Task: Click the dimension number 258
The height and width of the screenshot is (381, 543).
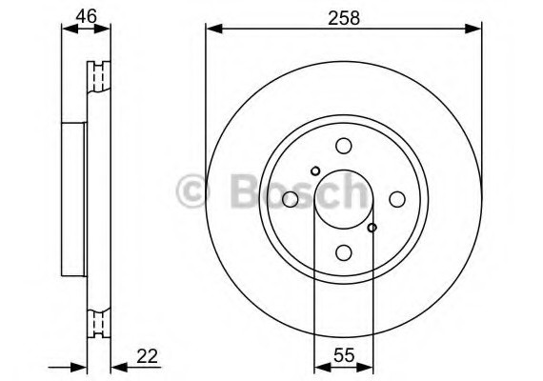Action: click(344, 18)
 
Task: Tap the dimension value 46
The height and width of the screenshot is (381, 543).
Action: click(87, 16)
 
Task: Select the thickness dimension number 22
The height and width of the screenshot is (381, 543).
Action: click(147, 356)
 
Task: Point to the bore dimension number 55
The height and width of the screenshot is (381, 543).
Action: click(344, 355)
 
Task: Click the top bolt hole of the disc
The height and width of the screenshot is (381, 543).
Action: click(344, 146)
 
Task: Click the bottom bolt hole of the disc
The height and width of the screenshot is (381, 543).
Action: click(344, 252)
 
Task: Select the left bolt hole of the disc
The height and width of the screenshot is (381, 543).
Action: click(291, 199)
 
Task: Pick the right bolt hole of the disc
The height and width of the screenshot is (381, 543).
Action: click(397, 199)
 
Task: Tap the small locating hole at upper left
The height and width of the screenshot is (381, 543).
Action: click(315, 170)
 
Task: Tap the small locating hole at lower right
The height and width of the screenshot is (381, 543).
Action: click(372, 228)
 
